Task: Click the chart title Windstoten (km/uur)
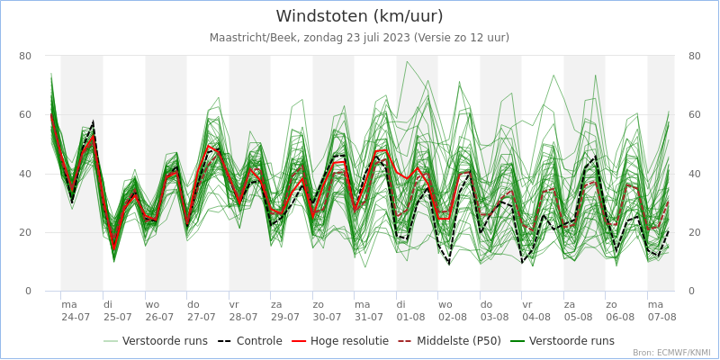click(x=359, y=16)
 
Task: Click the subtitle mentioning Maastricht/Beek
click(x=359, y=38)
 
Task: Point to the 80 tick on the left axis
click(x=25, y=56)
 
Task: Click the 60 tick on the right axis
click(x=695, y=115)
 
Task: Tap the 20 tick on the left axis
click(x=25, y=232)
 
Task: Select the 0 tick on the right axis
click(x=692, y=292)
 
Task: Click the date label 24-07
click(x=76, y=318)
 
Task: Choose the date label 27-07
click(x=202, y=318)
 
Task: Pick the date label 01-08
click(x=411, y=318)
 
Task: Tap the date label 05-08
click(x=579, y=318)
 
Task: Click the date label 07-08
click(x=662, y=318)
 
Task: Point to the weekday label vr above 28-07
click(x=234, y=305)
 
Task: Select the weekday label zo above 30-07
click(x=318, y=305)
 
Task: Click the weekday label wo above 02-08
click(x=445, y=305)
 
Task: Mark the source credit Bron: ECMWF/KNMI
click(x=671, y=353)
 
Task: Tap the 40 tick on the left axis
click(x=25, y=174)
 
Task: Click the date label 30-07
click(x=328, y=318)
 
